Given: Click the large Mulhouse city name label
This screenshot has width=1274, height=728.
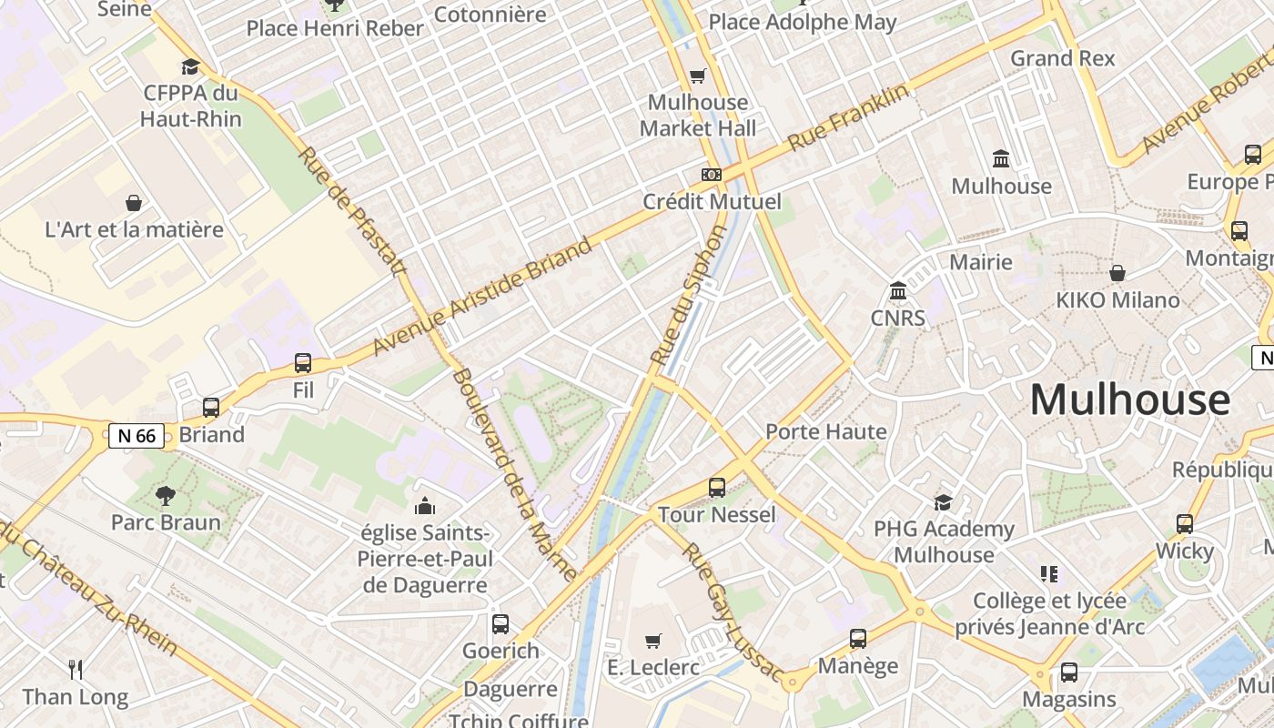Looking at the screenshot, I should (1129, 400).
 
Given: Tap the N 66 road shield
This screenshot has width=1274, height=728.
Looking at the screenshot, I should (136, 436).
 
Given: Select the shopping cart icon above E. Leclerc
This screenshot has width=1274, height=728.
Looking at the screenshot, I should (652, 642).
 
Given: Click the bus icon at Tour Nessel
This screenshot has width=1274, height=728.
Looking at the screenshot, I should (717, 488).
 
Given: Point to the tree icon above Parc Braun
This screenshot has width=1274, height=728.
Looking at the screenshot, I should (165, 495).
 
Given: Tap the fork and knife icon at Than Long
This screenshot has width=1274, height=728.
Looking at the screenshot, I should (76, 670).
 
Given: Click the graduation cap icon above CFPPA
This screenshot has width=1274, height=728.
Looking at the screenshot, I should (190, 66).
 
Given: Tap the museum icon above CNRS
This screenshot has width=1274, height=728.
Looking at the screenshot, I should (898, 291).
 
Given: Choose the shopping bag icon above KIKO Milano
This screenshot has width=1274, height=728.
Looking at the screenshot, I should (1117, 273).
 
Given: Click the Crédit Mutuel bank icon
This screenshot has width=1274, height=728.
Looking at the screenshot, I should (711, 174).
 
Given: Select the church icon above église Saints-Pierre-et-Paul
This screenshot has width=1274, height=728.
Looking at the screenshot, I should (424, 506).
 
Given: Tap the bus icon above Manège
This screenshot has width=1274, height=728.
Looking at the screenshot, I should (857, 639).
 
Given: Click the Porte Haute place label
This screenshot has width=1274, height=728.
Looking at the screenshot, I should (825, 431).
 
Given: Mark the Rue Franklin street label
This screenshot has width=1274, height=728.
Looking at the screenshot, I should (848, 117).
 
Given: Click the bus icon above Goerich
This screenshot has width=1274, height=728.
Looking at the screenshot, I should (500, 624).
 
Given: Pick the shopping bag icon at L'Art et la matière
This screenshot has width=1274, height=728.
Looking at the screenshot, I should (134, 202).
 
